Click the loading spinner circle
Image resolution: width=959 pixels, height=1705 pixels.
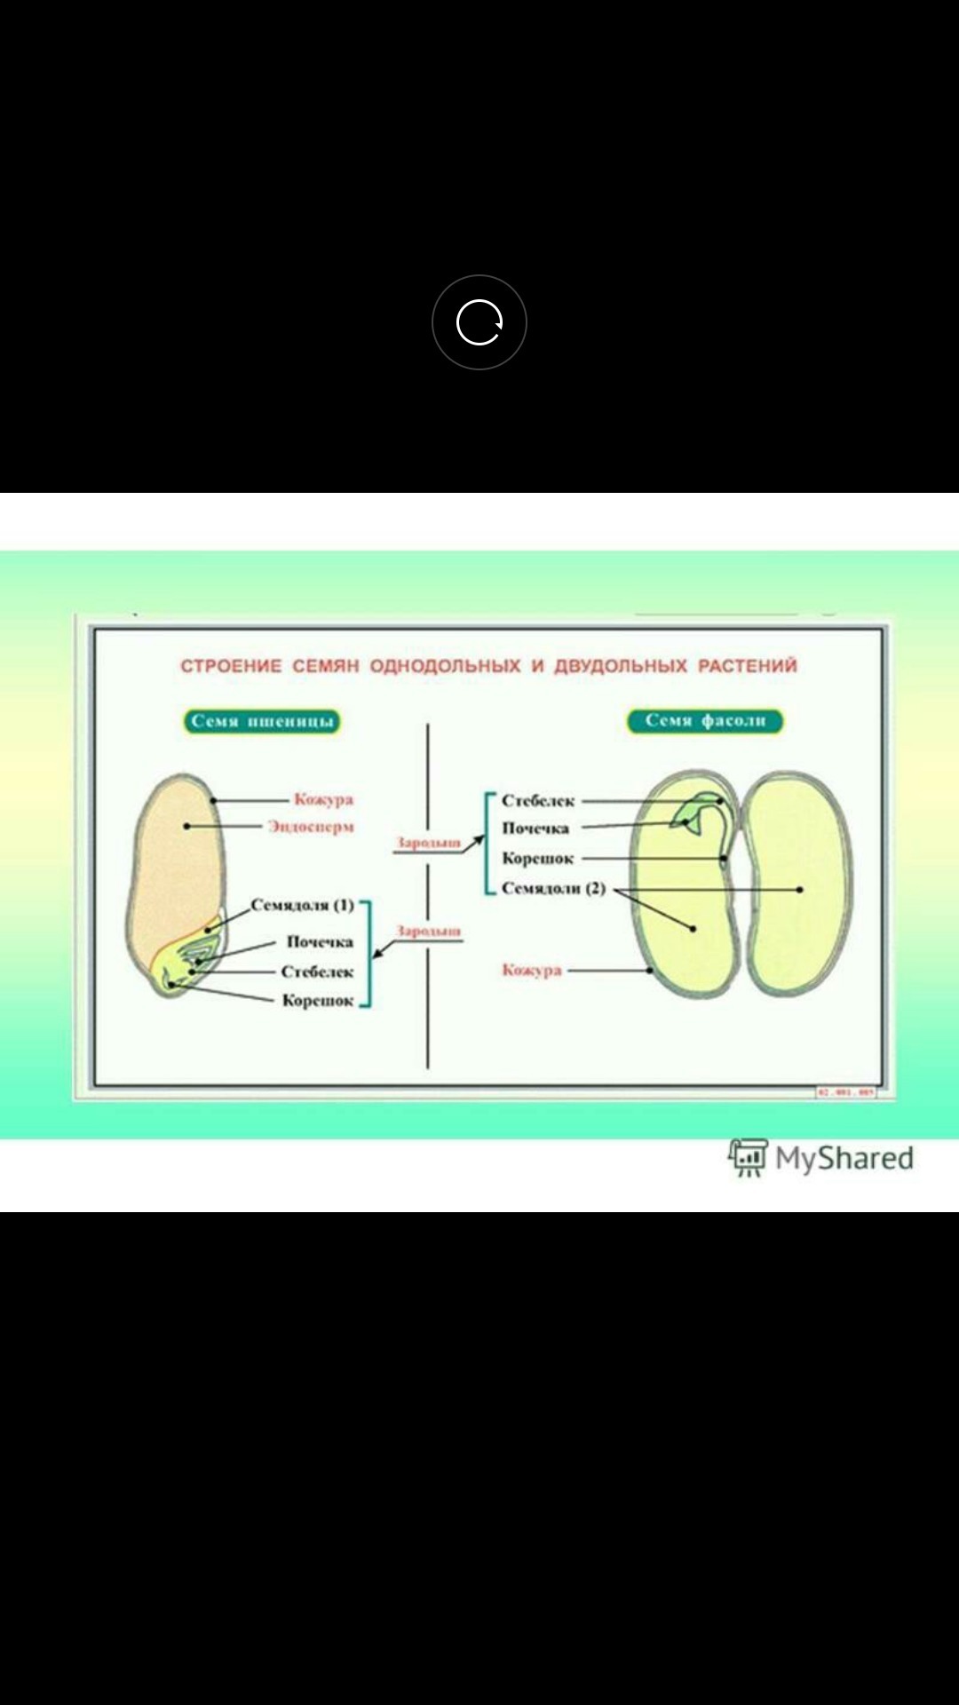click(x=479, y=321)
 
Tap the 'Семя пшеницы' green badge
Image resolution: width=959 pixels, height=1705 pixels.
click(x=262, y=721)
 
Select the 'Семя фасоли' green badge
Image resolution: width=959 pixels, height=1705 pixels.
click(x=705, y=720)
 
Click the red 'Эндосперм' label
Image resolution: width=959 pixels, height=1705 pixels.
click(x=312, y=827)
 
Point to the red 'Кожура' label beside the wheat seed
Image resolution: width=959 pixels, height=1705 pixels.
click(x=324, y=799)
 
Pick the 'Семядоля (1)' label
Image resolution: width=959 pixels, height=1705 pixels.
click(x=302, y=905)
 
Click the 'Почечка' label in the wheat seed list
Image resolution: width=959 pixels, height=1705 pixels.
click(x=320, y=941)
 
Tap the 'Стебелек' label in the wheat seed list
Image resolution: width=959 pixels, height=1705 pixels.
click(x=317, y=971)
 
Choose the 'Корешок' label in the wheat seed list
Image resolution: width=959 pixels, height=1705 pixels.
click(x=318, y=1001)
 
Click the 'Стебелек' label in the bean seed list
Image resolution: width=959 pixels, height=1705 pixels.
click(x=538, y=800)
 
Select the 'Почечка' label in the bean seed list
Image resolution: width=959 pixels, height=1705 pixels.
click(x=535, y=829)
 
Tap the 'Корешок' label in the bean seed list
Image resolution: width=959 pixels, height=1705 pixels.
click(x=538, y=859)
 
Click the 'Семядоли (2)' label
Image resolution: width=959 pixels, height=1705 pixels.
click(x=553, y=888)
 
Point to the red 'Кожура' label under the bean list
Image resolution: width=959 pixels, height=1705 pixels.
click(x=532, y=970)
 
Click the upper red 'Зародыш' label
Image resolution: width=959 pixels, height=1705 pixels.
click(x=428, y=842)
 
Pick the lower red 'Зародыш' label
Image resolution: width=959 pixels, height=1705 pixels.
click(x=428, y=931)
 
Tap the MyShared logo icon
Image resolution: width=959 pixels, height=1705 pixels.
click(x=748, y=1158)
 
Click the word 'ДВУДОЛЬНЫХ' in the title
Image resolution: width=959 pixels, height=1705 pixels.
click(x=621, y=666)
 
